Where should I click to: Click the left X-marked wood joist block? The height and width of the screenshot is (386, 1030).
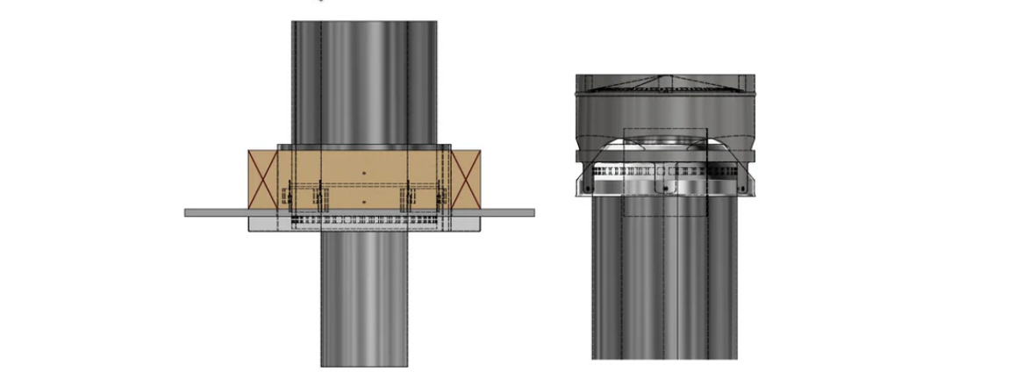(x=261, y=180)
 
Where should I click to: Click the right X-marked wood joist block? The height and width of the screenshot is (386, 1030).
(x=466, y=180)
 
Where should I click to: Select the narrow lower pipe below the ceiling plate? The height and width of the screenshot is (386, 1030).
(x=364, y=298)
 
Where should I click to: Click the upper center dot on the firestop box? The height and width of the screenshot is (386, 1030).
(x=364, y=173)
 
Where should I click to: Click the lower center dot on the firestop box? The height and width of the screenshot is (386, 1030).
(x=364, y=202)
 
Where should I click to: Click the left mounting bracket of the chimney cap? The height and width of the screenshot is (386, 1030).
(x=584, y=185)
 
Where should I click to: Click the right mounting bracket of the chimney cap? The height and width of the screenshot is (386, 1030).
(x=745, y=185)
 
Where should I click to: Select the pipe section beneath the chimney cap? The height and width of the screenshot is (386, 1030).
(x=664, y=281)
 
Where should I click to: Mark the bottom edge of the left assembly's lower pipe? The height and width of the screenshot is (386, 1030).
(x=364, y=366)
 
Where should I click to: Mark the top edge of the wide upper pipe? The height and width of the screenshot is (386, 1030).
(x=364, y=22)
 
